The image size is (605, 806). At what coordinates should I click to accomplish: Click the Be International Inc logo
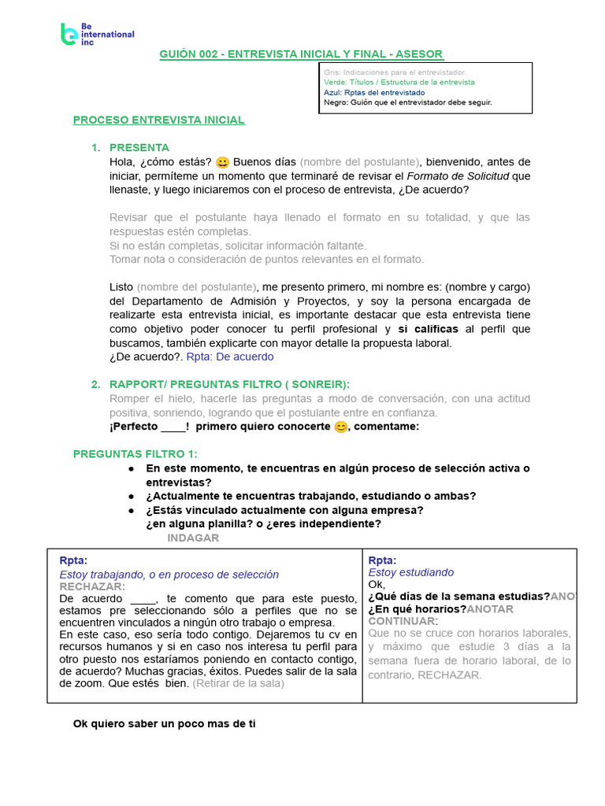click(x=97, y=34)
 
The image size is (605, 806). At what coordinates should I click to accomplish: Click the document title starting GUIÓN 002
click(x=302, y=54)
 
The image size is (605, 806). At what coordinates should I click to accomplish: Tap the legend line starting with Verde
click(x=399, y=82)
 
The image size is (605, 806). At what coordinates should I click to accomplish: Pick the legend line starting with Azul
click(x=373, y=92)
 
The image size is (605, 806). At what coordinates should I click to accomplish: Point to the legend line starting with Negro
click(x=407, y=102)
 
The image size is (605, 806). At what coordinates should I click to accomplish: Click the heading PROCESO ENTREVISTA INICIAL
click(x=158, y=120)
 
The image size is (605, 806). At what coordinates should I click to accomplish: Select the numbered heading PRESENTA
click(x=139, y=147)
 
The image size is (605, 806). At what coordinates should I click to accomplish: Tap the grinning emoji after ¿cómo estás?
click(x=222, y=162)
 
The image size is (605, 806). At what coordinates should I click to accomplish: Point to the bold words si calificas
click(x=428, y=329)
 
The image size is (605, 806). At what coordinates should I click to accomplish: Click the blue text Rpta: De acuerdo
click(x=230, y=357)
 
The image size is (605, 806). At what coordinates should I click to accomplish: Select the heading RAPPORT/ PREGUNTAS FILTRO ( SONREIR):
click(x=229, y=384)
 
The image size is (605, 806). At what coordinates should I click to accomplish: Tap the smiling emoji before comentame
click(x=340, y=427)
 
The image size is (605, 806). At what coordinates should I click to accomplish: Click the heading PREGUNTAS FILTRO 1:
click(x=135, y=454)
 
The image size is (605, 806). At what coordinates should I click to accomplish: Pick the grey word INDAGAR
click(x=193, y=538)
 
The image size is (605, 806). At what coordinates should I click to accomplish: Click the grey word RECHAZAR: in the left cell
click(x=92, y=586)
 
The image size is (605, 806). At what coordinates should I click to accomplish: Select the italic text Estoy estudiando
click(x=410, y=572)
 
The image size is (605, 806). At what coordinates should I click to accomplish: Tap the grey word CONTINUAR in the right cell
click(x=401, y=621)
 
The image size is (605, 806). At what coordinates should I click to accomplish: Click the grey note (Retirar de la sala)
click(x=239, y=683)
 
